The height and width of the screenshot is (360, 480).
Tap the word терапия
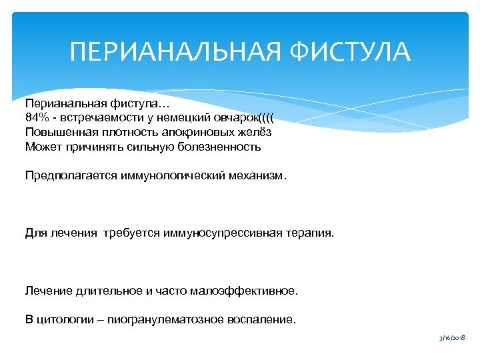coord(313,234)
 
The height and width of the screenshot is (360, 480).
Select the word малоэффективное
coord(245,291)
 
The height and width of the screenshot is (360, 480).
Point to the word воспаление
coord(262,320)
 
